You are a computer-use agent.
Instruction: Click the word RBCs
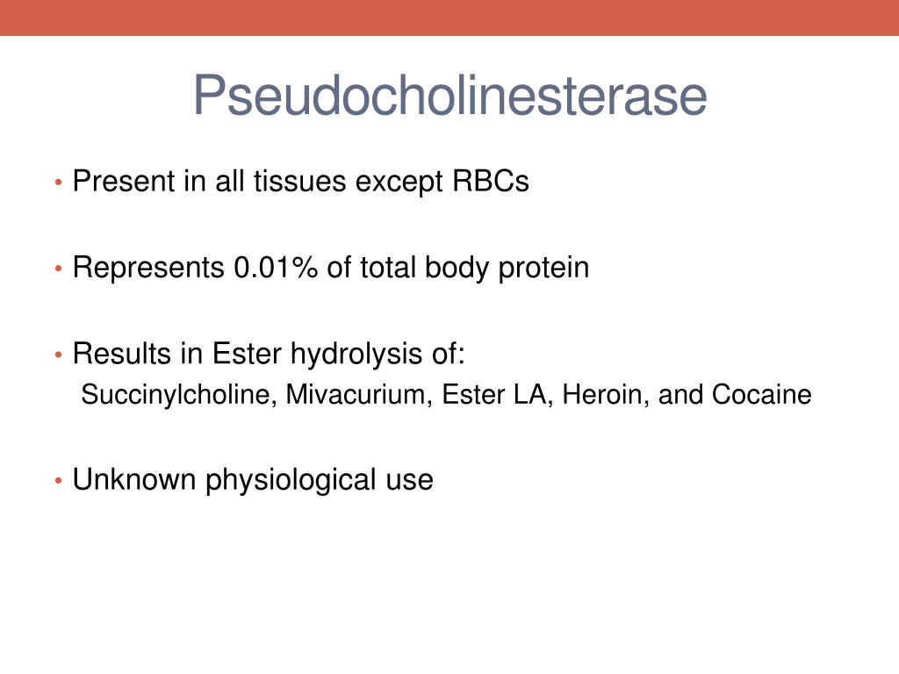coord(491,181)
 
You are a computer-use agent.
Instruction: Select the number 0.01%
coord(275,268)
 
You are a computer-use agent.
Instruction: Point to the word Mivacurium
coord(359,395)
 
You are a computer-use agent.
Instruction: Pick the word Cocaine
coord(761,395)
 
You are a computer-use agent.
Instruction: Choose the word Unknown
coord(134,480)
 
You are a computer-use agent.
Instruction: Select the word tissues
coord(300,181)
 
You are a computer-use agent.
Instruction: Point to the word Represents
coord(148,268)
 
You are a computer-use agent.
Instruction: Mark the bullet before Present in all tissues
coord(59,183)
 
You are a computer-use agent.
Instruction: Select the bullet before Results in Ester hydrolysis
coord(59,355)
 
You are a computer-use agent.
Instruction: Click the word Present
coord(124,181)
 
